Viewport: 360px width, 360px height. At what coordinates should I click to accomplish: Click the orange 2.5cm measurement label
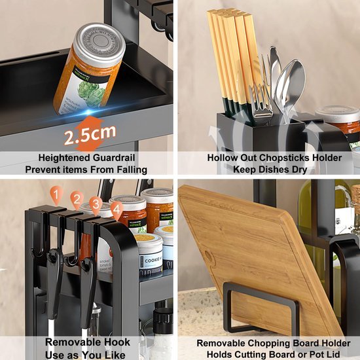90,135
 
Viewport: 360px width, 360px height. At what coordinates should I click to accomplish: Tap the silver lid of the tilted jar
100,40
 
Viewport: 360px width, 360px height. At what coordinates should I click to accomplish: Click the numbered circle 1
57,194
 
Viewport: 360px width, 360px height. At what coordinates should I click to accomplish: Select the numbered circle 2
77,200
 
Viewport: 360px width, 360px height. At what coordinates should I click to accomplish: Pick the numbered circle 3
96,204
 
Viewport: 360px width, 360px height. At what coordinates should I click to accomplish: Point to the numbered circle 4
117,210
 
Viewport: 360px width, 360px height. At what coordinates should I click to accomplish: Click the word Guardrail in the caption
118,158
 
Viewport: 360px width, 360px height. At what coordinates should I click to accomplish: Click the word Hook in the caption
115,342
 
